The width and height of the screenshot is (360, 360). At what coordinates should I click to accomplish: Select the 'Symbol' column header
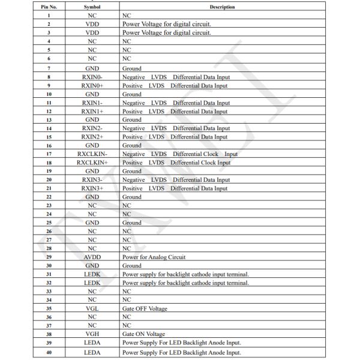click(x=92, y=6)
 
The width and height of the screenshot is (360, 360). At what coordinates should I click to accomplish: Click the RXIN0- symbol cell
click(x=92, y=77)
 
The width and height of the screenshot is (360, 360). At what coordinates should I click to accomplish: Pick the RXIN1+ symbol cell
click(x=92, y=111)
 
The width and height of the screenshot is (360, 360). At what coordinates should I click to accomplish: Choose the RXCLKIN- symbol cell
click(x=92, y=154)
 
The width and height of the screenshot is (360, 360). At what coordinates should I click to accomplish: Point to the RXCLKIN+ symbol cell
click(x=92, y=162)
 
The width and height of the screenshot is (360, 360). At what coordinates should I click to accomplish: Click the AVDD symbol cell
click(x=92, y=256)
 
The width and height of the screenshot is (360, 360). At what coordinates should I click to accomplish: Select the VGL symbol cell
click(x=92, y=308)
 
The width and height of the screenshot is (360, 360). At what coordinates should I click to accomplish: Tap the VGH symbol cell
click(x=92, y=334)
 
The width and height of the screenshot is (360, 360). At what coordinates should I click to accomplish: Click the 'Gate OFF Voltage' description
click(x=145, y=308)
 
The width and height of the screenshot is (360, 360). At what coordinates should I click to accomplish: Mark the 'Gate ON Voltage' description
click(x=144, y=334)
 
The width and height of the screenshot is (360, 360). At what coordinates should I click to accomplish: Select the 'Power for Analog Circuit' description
click(x=154, y=256)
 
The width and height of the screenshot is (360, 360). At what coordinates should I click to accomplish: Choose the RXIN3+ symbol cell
click(x=92, y=188)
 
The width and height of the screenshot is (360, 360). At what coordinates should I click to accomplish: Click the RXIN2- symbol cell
click(x=92, y=128)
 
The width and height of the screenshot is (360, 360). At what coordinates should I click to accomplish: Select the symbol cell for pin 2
click(x=92, y=24)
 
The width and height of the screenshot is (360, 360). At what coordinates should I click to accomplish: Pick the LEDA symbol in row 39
click(x=92, y=343)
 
